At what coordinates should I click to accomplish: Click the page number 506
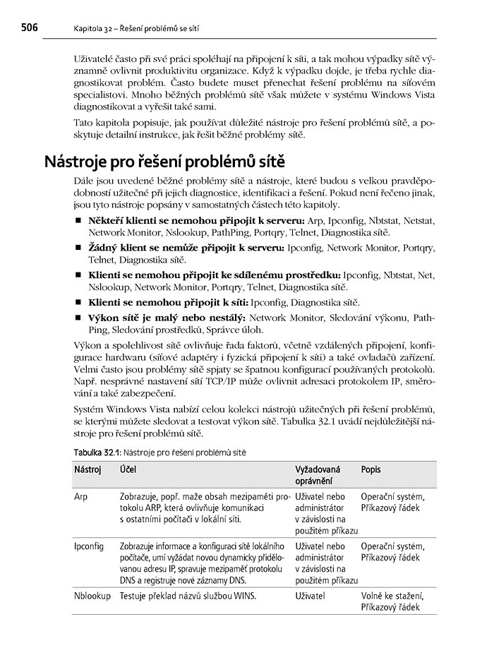tap(24, 28)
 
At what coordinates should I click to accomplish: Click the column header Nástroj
tap(88, 469)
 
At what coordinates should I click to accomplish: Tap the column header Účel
tap(128, 469)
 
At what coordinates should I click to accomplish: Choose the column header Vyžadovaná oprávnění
tap(317, 475)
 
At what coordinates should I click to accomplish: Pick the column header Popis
tap(371, 469)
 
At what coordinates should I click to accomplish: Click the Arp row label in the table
tap(80, 497)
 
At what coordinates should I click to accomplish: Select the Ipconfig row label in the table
tap(89, 546)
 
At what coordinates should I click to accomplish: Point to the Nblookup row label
tap(92, 596)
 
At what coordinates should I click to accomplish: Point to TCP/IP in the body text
tap(207, 391)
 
